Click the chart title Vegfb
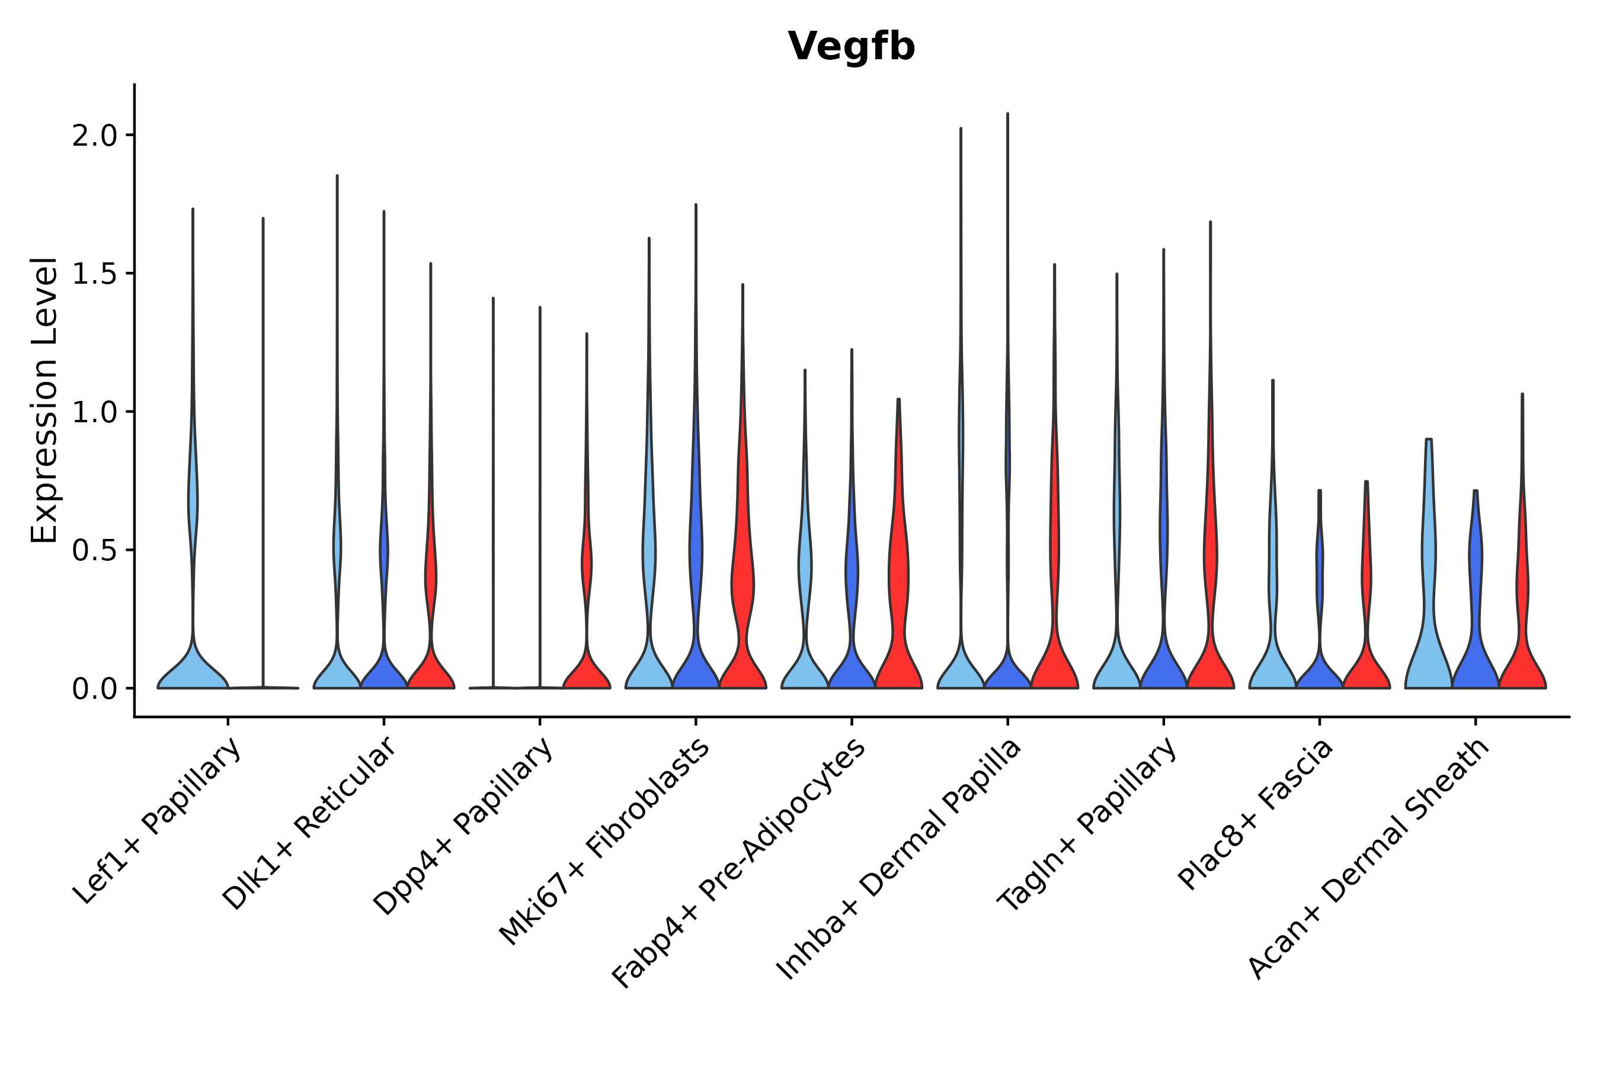(x=851, y=47)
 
